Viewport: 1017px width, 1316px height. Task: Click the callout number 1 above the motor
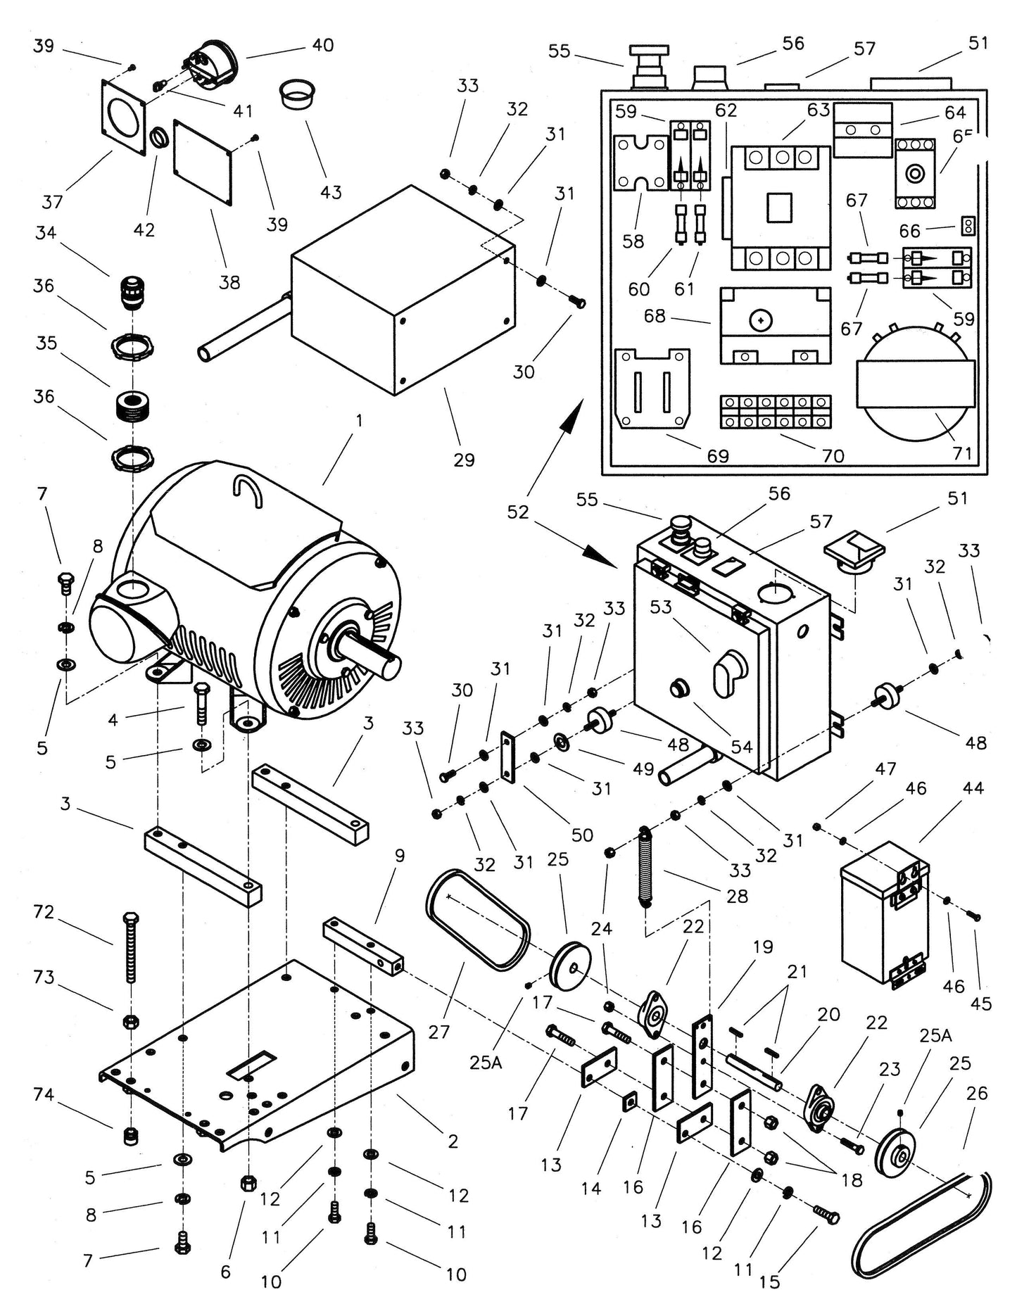(359, 421)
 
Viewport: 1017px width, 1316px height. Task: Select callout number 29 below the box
(464, 460)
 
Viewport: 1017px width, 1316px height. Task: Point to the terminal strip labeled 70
(776, 412)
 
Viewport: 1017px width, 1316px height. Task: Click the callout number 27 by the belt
(439, 1032)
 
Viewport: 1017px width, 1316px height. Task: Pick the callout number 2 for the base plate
(453, 1141)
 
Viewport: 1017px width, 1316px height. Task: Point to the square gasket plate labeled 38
(203, 163)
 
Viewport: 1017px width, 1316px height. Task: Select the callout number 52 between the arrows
(517, 512)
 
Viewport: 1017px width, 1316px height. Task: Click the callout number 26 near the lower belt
(977, 1093)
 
